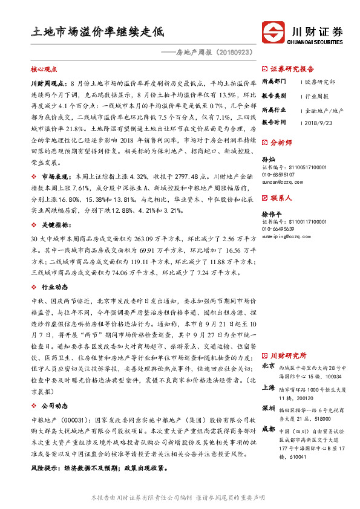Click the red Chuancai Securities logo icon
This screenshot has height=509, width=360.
click(x=274, y=33)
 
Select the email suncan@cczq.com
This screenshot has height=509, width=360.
click(x=281, y=181)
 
